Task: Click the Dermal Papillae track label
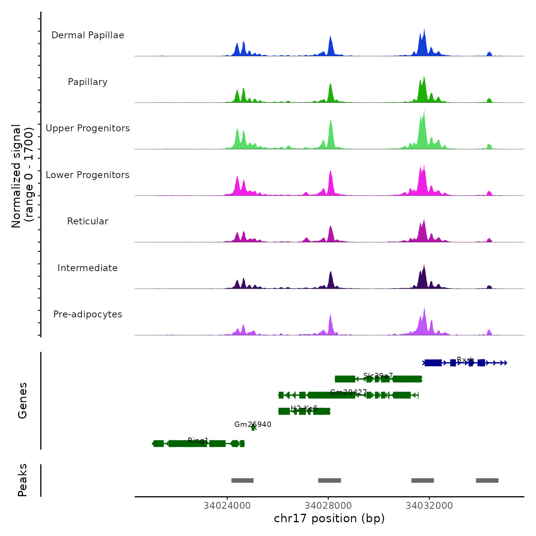(88, 35)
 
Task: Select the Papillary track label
(88, 82)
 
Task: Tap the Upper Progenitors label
(88, 128)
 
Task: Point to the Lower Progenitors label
(88, 175)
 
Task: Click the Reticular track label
(88, 221)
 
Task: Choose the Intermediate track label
(88, 268)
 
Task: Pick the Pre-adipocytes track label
(88, 314)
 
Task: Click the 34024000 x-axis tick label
(227, 506)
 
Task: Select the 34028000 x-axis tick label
(328, 506)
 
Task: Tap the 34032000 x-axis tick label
(429, 506)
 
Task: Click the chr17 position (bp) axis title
(329, 518)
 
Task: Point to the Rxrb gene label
(466, 360)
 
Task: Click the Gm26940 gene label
(253, 424)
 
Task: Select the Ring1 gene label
(198, 441)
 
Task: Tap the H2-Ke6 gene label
(304, 408)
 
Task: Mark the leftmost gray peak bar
(242, 480)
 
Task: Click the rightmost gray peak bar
(487, 480)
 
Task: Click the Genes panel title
(23, 400)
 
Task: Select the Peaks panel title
(23, 480)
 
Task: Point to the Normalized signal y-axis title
(23, 176)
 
